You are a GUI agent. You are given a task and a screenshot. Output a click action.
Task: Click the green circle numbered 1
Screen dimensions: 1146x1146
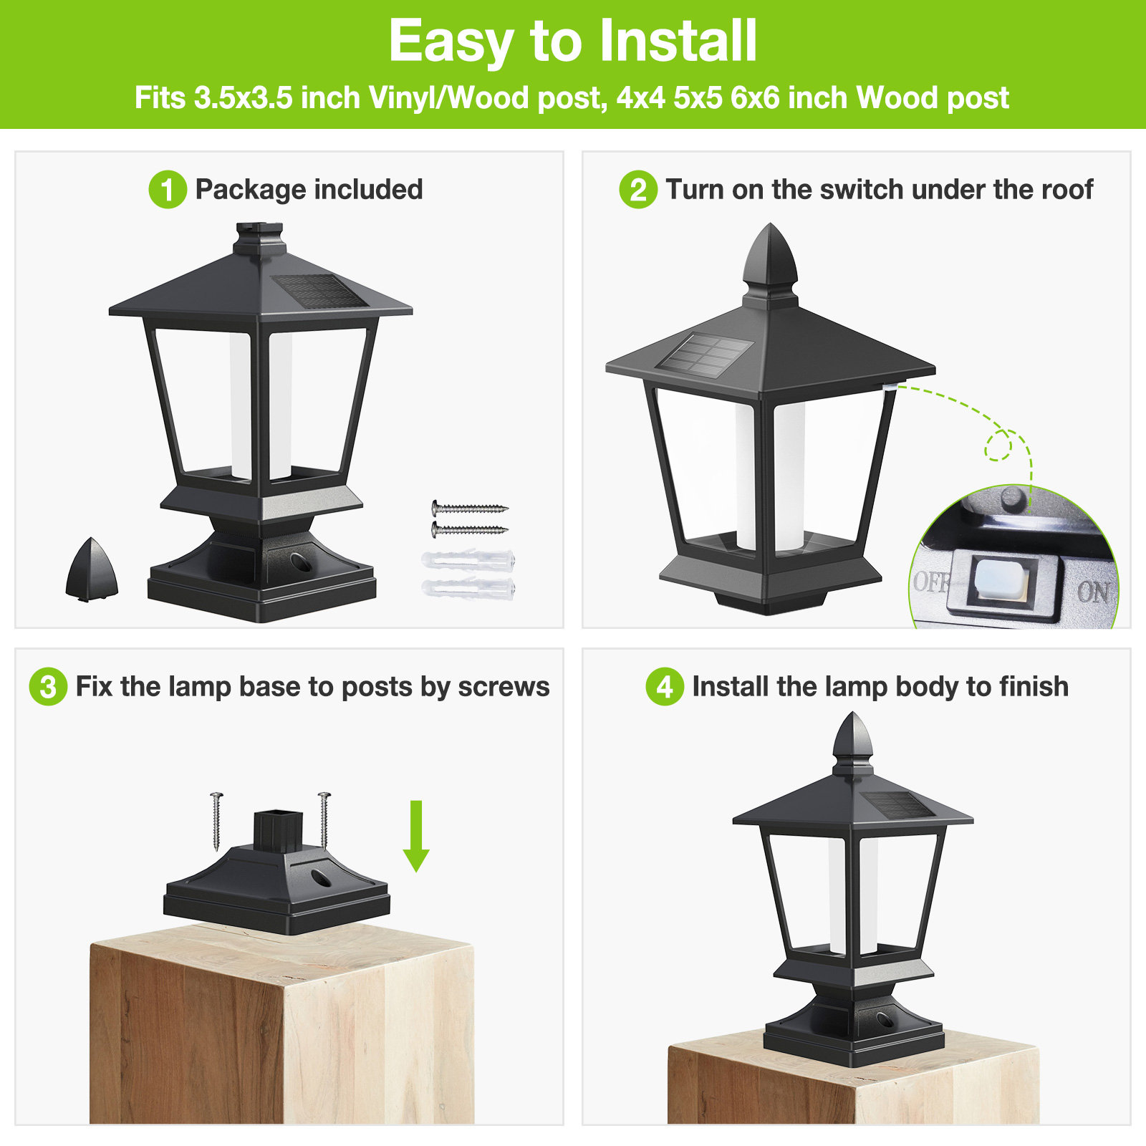point(168,190)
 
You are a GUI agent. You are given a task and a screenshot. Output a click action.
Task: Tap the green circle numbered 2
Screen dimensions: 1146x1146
point(638,190)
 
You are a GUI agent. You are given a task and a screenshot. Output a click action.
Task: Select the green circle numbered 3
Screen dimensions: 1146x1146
point(48,687)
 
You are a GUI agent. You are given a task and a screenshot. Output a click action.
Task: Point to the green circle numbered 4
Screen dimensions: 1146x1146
point(665,687)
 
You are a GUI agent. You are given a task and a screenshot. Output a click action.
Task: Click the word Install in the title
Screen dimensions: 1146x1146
point(677,41)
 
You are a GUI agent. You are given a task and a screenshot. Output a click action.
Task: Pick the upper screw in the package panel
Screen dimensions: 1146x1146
point(469,509)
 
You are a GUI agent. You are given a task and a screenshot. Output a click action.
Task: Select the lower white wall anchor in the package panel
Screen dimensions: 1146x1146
point(468,589)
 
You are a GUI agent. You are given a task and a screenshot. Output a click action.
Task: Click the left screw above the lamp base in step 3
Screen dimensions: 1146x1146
point(216,821)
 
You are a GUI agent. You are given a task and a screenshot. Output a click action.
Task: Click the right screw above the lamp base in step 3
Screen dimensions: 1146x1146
point(324,819)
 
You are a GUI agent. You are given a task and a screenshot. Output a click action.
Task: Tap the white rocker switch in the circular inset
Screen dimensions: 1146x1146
point(1001,579)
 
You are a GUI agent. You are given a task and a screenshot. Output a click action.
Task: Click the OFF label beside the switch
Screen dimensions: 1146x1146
point(931,582)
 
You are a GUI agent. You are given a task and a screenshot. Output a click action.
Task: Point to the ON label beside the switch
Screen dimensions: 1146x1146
point(1093,592)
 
